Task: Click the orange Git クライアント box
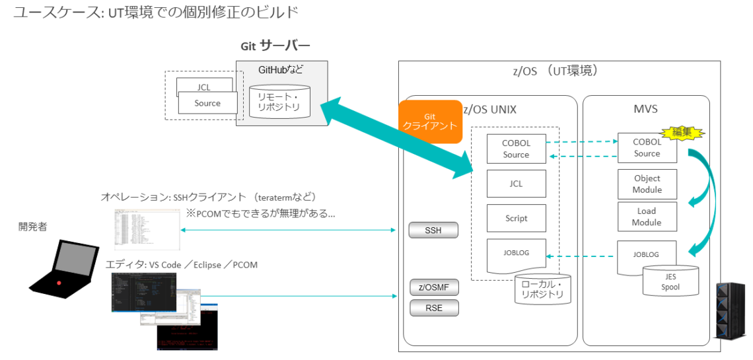point(430,122)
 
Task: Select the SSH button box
point(433,231)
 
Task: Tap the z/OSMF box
point(434,288)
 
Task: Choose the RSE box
point(434,308)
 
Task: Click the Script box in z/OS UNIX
point(517,218)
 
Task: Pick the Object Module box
point(647,184)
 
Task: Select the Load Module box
point(647,217)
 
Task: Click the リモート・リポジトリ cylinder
point(280,101)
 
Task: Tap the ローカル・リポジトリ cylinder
point(542,289)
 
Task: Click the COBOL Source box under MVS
point(647,148)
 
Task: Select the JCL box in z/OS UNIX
point(517,184)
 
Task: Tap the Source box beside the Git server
point(207,104)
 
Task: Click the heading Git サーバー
point(275,46)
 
